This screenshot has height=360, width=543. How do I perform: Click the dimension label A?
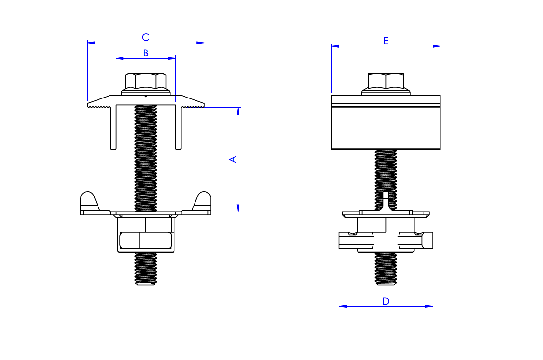pos(233,159)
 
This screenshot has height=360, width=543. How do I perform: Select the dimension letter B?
pos(146,53)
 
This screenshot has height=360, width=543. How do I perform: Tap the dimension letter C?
pos(146,37)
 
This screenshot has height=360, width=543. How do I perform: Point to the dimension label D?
pos(386,301)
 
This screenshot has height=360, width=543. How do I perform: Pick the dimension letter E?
pos(386,41)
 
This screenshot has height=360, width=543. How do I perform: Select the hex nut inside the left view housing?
pos(146,240)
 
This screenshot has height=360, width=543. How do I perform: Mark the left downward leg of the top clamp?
pos(114,129)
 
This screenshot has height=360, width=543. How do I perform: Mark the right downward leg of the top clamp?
pos(178,129)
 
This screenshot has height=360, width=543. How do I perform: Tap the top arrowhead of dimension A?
pos(238,110)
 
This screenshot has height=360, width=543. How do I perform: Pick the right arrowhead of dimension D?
pos(430,306)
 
